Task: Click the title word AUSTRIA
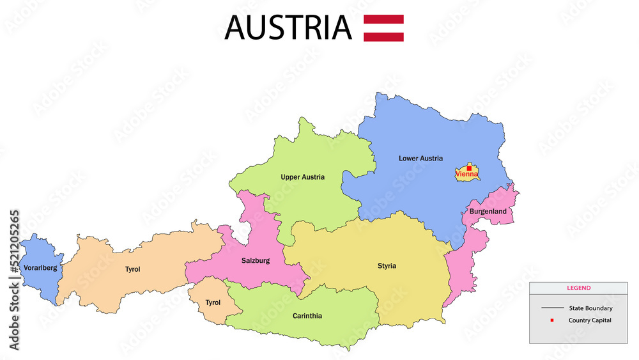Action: click(288, 27)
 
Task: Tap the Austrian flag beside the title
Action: click(383, 27)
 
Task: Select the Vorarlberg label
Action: click(40, 268)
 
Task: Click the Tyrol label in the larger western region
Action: click(132, 269)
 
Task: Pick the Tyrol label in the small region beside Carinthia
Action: click(212, 302)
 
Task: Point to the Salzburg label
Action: click(256, 261)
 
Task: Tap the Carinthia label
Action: click(307, 316)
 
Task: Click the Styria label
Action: click(387, 266)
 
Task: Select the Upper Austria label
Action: click(302, 177)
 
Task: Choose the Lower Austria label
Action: click(420, 159)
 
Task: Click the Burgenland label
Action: click(488, 212)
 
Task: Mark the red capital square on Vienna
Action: click(469, 169)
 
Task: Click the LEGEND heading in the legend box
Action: click(578, 288)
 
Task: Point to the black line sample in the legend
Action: click(552, 308)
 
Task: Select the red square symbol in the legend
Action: click(551, 320)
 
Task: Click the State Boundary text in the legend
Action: click(590, 308)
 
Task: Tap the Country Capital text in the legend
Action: click(590, 320)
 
